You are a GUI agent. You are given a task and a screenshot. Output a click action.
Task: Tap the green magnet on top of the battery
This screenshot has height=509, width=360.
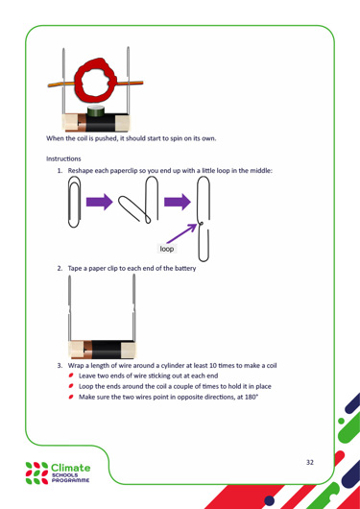96,111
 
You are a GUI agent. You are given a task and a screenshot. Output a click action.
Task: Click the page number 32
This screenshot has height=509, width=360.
310,462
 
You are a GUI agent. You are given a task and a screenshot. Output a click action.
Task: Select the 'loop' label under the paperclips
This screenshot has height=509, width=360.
167,249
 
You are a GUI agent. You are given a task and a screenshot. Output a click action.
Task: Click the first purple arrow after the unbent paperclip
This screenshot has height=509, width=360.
99,202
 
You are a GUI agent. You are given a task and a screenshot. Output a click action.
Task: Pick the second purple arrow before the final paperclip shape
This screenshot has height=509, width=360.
178,202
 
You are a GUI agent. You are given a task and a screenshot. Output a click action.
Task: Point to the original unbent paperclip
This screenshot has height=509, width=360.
74,203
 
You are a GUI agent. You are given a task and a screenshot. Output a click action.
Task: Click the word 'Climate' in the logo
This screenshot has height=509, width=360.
71,468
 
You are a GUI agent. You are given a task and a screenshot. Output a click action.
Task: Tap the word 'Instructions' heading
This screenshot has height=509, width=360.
63,159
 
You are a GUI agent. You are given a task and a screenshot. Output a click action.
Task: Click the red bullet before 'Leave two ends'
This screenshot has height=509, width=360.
71,376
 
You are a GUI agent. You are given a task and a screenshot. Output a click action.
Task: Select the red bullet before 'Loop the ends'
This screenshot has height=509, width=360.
71,386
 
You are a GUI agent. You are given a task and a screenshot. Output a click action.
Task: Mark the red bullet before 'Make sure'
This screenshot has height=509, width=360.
71,397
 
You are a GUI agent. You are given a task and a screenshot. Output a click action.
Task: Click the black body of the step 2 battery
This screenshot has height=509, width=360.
107,350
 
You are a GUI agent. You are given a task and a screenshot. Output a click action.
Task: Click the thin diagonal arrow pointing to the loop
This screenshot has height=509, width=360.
181,233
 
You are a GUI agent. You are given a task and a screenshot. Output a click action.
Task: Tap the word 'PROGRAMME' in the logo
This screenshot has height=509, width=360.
70,480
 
